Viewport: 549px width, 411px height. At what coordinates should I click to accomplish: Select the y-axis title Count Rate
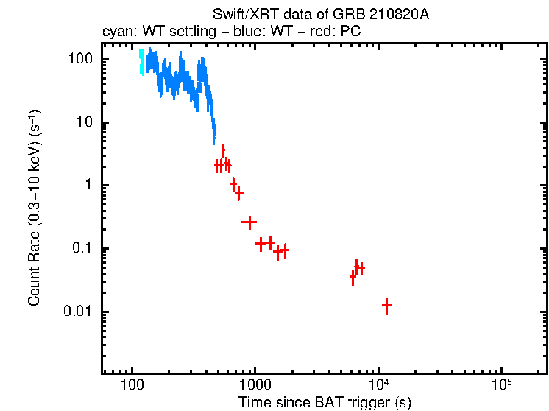(x=35, y=213)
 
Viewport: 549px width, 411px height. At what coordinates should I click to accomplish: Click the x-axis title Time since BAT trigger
(x=325, y=402)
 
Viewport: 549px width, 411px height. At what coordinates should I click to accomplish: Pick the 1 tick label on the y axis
(x=87, y=186)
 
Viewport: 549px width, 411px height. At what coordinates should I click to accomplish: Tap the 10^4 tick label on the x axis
(x=378, y=384)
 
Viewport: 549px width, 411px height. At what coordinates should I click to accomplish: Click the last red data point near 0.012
(x=386, y=305)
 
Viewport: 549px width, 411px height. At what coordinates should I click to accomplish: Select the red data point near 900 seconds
(x=249, y=222)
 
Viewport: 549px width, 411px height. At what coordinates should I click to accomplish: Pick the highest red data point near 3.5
(x=223, y=150)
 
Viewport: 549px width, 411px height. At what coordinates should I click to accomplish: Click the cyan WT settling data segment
(x=142, y=62)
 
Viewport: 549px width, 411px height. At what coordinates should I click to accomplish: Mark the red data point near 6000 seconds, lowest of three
(x=353, y=277)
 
